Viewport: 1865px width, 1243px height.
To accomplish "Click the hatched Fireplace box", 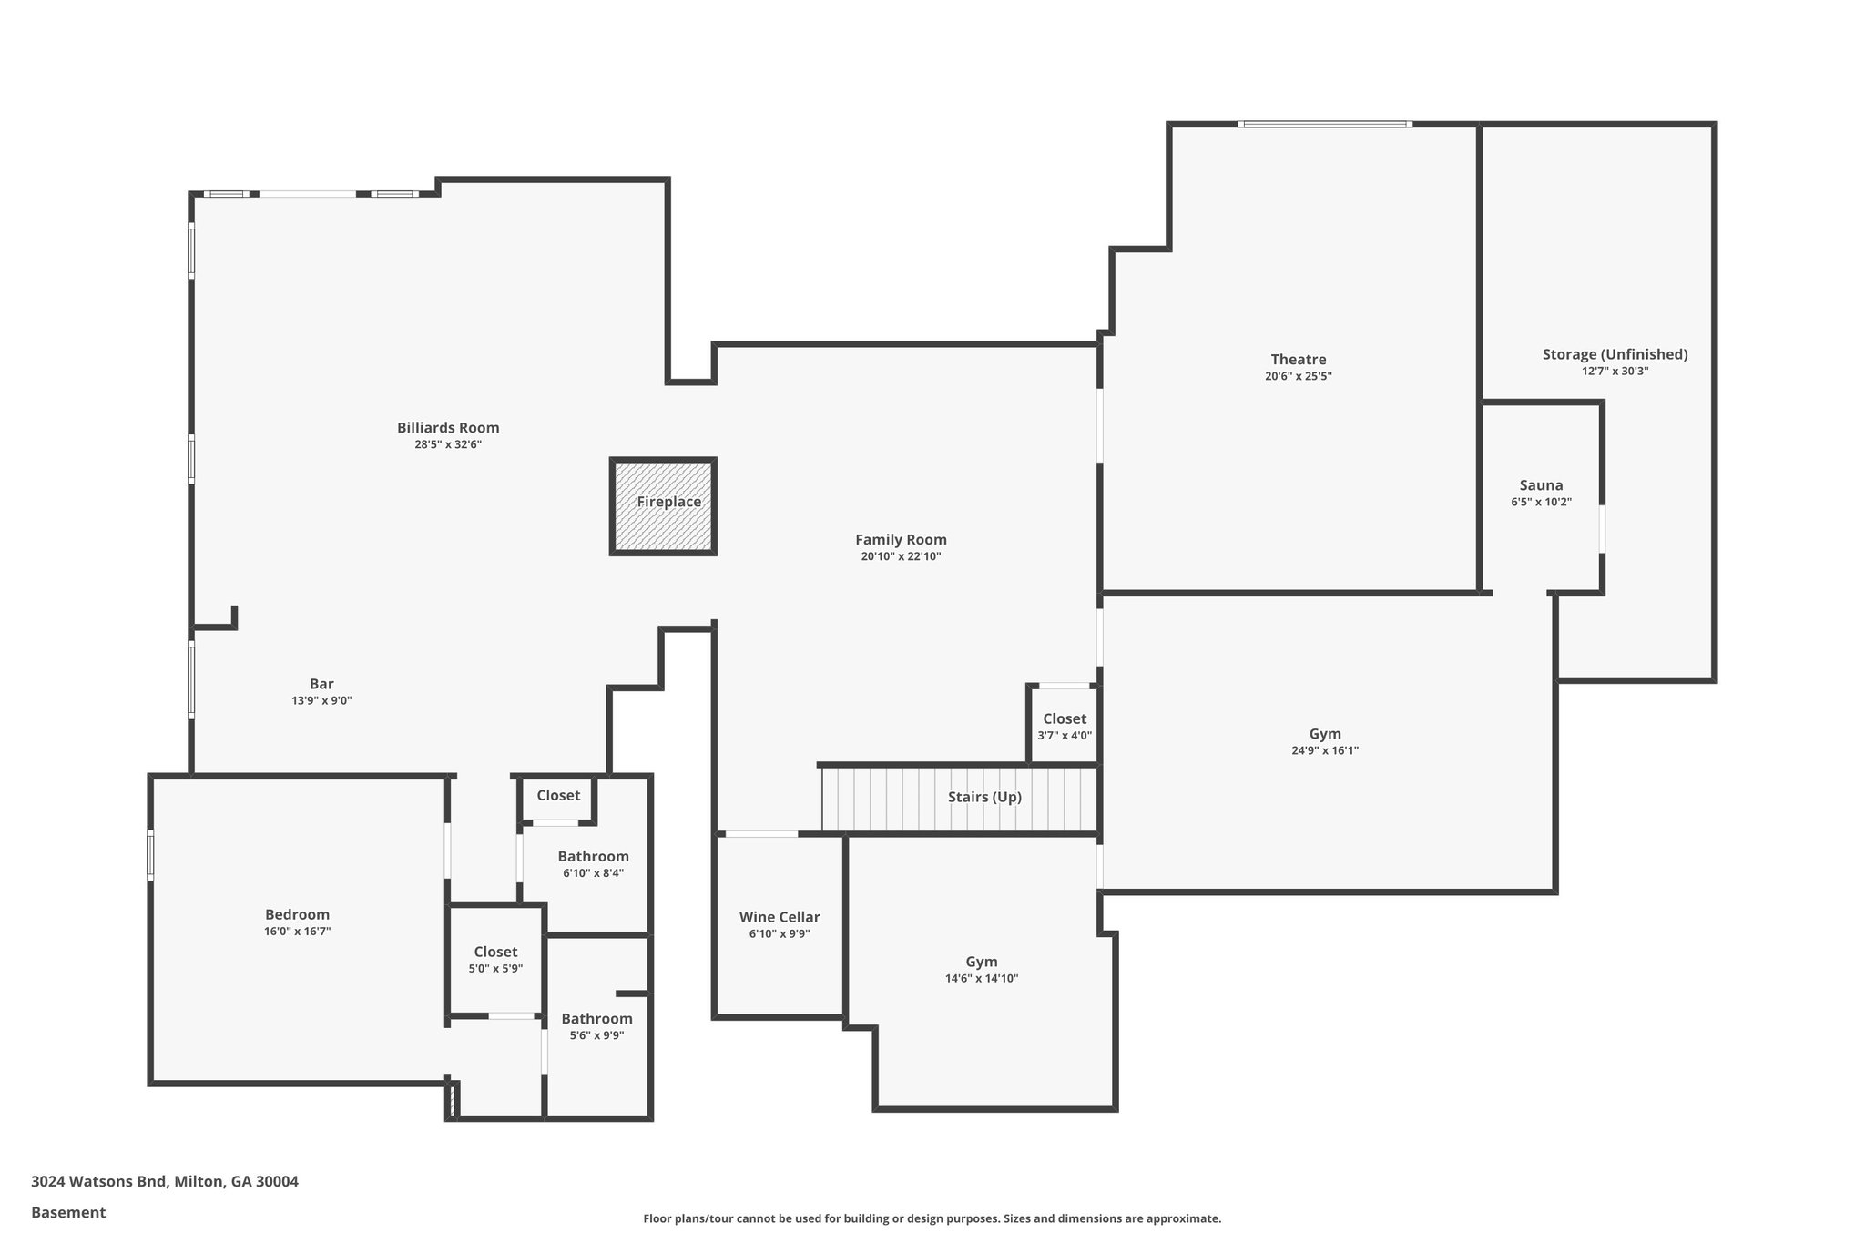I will pyautogui.click(x=663, y=506).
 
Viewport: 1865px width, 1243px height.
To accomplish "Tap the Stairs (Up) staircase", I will pyautogui.click(x=961, y=798).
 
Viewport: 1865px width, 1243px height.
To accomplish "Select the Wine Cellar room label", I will pyautogui.click(x=779, y=917).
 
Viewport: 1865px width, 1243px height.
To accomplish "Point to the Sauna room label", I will pyautogui.click(x=1541, y=485).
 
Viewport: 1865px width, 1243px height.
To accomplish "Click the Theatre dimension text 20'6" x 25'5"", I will pyautogui.click(x=1298, y=376).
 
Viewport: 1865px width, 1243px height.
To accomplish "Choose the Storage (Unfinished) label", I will pyautogui.click(x=1615, y=354).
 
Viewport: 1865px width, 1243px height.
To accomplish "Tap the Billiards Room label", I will pyautogui.click(x=448, y=427).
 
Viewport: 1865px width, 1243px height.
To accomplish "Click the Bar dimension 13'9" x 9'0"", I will pyautogui.click(x=321, y=700).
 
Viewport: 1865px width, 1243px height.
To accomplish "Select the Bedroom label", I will pyautogui.click(x=297, y=914).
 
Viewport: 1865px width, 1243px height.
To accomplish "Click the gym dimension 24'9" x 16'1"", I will pyautogui.click(x=1325, y=750).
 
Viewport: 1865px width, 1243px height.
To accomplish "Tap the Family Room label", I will pyautogui.click(x=901, y=539).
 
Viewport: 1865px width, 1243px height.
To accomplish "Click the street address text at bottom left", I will pyautogui.click(x=165, y=1181).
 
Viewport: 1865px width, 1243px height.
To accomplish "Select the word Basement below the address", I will pyautogui.click(x=68, y=1212).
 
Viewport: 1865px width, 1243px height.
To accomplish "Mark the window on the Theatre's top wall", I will pyautogui.click(x=1324, y=124).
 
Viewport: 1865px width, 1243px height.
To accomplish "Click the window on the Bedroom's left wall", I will pyautogui.click(x=151, y=854).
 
